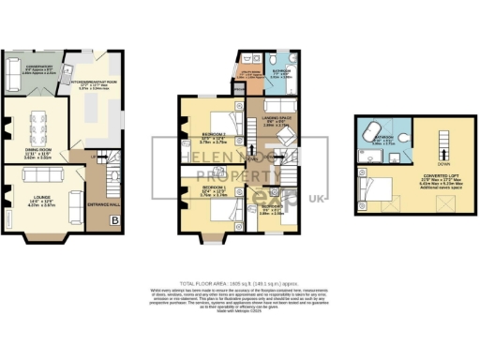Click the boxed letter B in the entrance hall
(x=114, y=220)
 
